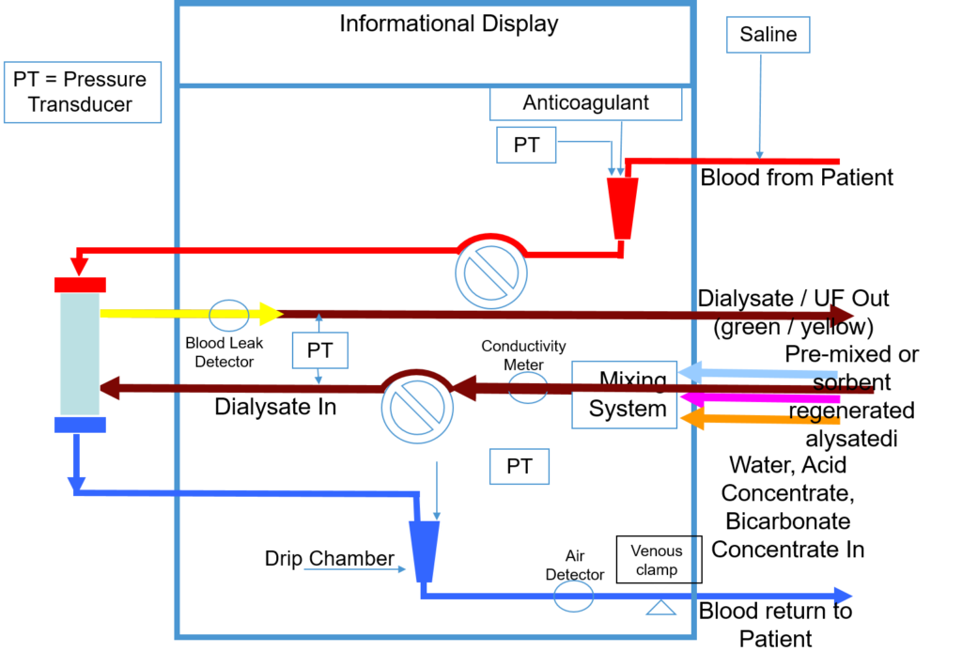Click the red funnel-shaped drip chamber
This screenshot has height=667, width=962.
pos(622,208)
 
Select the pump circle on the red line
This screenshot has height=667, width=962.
pos(491,273)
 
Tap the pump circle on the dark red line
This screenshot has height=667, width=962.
pos(417,408)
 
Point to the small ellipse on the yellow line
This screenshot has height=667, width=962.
pos(229,316)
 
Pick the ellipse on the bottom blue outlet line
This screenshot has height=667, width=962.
pos(573,597)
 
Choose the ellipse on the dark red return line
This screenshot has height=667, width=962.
pos(528,388)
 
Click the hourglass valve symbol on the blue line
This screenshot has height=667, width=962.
pos(661,596)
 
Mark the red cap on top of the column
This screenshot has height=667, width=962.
pos(80,285)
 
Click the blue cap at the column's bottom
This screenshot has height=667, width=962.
pos(80,425)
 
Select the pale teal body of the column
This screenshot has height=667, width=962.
pos(80,354)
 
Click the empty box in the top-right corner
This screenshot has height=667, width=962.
pos(768,35)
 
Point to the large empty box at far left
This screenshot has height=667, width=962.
pos(83,92)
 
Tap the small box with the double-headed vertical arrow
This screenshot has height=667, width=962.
pos(319,350)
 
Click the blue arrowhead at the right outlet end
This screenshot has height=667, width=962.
pos(843,596)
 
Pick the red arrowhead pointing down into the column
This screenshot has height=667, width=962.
pos(79,266)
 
